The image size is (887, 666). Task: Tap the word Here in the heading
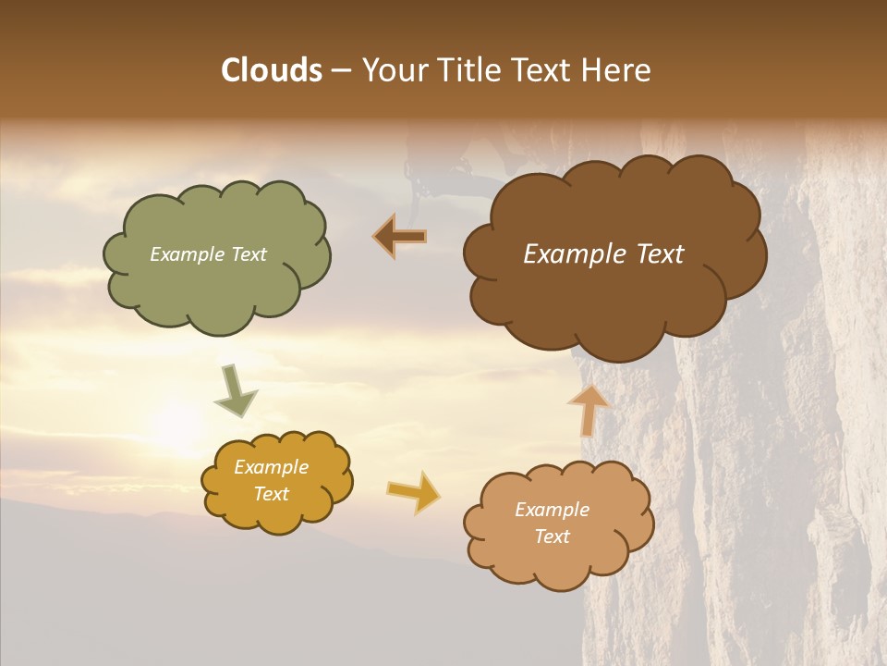coord(617,70)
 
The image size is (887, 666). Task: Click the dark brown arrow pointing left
coord(400,238)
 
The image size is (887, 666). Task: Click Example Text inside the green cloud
coord(208,254)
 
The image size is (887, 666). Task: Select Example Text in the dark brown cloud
coord(603,254)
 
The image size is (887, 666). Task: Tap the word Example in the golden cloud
coord(271,467)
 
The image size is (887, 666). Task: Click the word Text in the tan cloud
coord(553,536)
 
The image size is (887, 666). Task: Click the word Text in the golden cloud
coord(271,494)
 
